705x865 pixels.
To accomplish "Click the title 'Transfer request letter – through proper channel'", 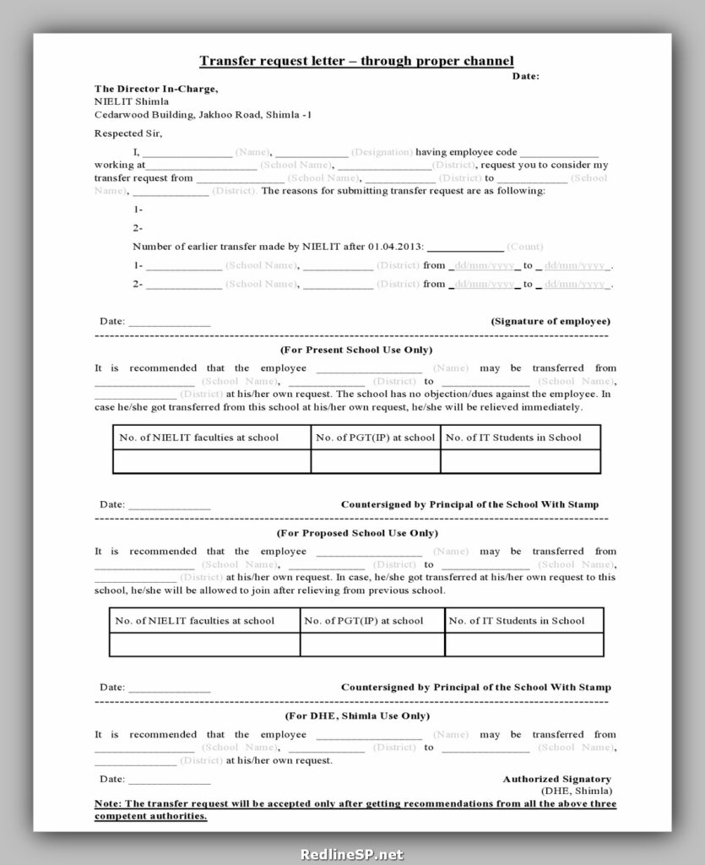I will [x=356, y=61].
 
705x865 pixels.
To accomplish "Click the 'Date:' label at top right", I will [x=525, y=76].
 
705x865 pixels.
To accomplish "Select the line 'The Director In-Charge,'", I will [x=156, y=89].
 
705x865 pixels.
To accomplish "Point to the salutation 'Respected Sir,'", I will [x=127, y=133].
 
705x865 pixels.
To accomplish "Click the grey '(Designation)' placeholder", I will [x=382, y=152].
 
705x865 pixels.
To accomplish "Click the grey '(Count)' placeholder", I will [x=524, y=247].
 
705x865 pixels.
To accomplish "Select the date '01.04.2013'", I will [x=395, y=247].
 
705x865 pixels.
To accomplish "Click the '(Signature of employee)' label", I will [x=550, y=321].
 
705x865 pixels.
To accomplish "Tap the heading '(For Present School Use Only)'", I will [x=355, y=349].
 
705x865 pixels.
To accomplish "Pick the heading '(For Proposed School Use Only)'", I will [x=357, y=533].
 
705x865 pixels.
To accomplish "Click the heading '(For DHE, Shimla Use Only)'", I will [x=357, y=715].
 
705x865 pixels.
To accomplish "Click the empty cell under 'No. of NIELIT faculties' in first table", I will [x=211, y=461].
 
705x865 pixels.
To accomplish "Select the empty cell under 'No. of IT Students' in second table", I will [x=523, y=645].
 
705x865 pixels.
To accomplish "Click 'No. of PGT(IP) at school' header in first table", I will [x=375, y=438].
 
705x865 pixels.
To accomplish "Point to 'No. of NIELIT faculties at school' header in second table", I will [x=195, y=621].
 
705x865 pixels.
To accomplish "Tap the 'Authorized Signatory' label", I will [x=557, y=779].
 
